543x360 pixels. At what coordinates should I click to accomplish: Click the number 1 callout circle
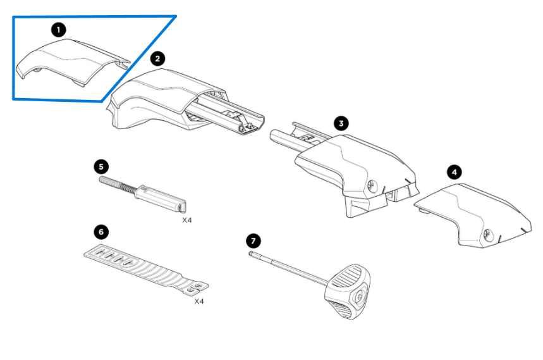tap(59, 30)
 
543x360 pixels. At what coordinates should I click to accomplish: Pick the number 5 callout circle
tap(101, 166)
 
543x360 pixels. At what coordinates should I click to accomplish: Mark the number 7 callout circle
tap(253, 241)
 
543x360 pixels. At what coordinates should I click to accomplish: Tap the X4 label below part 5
tap(188, 221)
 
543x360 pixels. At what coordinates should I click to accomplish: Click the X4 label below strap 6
tap(198, 301)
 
